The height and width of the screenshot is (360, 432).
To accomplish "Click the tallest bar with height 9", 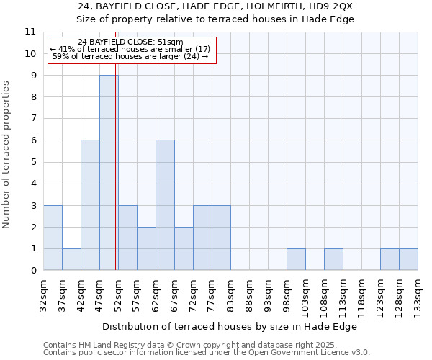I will (109, 173).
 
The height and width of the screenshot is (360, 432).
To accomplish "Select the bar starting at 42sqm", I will (90, 205).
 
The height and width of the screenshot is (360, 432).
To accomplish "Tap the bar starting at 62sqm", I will (165, 205).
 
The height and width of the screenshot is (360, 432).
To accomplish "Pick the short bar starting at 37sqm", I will (71, 259).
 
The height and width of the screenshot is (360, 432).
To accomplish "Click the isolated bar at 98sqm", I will (296, 259).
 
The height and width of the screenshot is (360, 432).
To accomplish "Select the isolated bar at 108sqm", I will (333, 259).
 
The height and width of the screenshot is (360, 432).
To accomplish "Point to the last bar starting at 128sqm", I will (408, 259).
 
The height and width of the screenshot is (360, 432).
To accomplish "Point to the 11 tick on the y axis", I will (30, 32).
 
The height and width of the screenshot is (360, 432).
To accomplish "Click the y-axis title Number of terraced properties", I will (6, 155).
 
